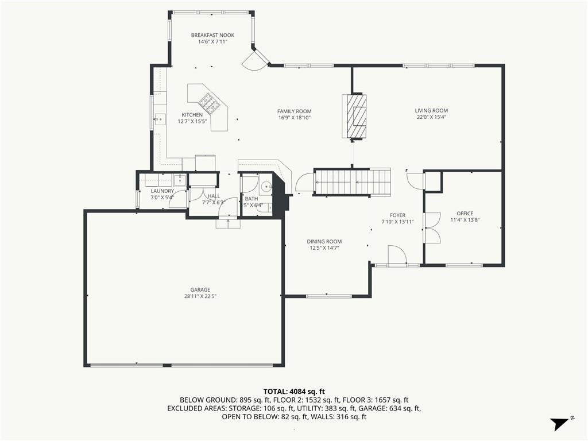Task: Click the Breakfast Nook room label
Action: [212, 35]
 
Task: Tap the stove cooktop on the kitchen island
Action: [209, 102]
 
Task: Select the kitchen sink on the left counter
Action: [160, 119]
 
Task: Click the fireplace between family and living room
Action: [354, 117]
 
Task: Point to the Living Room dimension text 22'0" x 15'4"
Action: [431, 117]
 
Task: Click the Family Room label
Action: [295, 111]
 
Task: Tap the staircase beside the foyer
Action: [352, 182]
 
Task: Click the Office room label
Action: [465, 214]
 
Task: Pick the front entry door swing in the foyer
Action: [397, 255]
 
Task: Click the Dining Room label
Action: [324, 242]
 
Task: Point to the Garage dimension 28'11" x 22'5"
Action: [200, 296]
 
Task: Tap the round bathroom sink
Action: [266, 186]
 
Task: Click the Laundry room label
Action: [163, 191]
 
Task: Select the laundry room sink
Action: [180, 180]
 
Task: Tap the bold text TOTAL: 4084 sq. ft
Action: [294, 392]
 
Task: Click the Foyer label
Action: [397, 215]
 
